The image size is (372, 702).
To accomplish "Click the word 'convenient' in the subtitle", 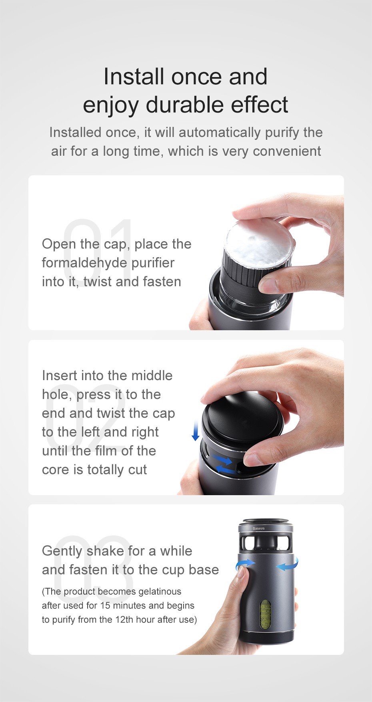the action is tap(287, 151).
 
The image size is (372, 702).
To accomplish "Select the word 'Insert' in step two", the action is tap(60, 375).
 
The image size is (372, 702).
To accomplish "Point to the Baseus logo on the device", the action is tap(258, 528).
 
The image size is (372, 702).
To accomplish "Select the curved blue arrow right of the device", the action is tap(288, 565).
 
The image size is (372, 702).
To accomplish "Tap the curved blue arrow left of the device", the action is tap(245, 564).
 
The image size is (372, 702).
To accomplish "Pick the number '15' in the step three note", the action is tap(105, 605).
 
